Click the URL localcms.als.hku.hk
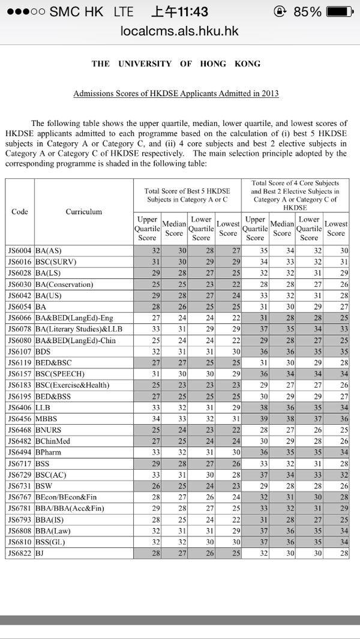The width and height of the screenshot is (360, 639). tap(179, 31)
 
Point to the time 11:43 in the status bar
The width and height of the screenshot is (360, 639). tap(179, 11)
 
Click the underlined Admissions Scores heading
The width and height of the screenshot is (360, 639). tap(176, 94)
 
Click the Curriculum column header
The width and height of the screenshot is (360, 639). tap(83, 211)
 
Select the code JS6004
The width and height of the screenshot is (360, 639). tap(19, 250)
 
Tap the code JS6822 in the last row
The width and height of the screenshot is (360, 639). tap(19, 553)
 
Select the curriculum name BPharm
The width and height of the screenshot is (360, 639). tap(49, 452)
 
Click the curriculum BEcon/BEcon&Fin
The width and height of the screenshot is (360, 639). tap(65, 497)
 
